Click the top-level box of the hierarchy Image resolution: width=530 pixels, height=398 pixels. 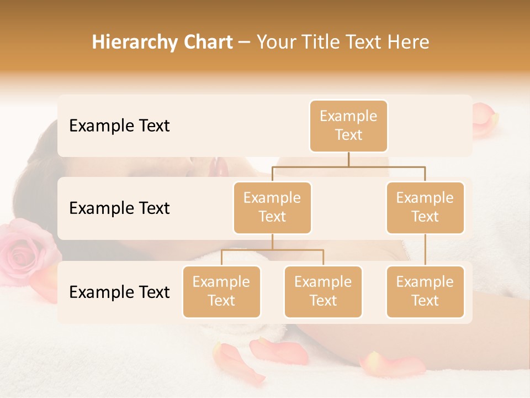point(348,126)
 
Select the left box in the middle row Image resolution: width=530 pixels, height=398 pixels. point(272,207)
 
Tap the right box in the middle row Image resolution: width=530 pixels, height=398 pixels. point(425,207)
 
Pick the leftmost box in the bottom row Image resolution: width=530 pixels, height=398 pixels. point(221,291)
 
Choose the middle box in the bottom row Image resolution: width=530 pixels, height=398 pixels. point(323,291)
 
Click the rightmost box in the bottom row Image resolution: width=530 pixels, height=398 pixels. point(425,291)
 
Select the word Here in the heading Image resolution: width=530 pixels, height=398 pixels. point(409,42)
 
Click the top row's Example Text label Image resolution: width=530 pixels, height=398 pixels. point(119,126)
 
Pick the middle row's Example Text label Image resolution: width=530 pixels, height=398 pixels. point(119,208)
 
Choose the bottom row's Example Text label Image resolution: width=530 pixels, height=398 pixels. point(119,292)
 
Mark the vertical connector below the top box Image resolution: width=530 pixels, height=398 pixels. point(348,159)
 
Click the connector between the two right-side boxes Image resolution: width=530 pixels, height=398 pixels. point(425,250)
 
